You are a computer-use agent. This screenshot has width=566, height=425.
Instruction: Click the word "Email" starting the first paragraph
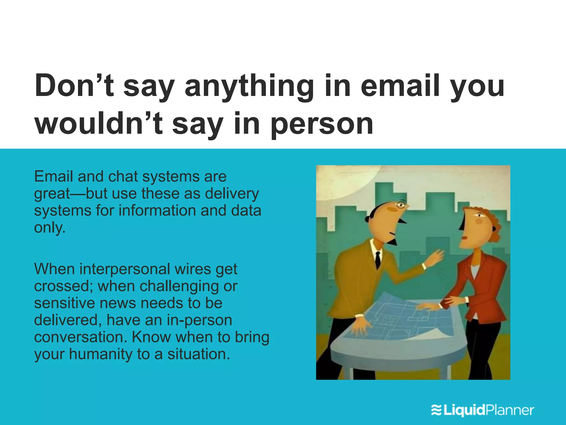[x=54, y=176]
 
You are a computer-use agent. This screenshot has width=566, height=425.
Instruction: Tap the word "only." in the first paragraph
[x=50, y=228]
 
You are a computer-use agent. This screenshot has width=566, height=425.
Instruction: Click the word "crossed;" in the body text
[x=63, y=286]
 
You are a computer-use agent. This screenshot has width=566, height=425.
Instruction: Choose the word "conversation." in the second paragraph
[x=80, y=337]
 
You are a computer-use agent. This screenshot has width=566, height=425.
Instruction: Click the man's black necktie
[x=378, y=260]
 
